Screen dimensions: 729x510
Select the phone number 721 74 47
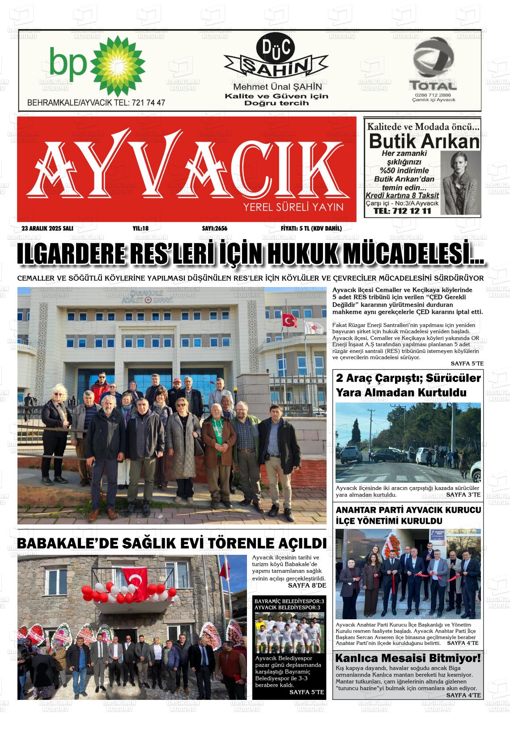point(149,103)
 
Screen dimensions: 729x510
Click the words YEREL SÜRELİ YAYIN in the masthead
point(293,207)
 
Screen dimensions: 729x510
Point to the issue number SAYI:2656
point(215,228)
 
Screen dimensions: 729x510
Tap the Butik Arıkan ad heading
point(424,142)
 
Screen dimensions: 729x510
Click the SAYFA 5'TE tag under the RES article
point(467,363)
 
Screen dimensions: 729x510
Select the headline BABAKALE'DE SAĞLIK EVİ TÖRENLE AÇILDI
point(171,544)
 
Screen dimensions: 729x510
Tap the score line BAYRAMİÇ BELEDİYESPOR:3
point(289,600)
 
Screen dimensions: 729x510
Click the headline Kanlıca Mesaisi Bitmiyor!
point(408,658)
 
